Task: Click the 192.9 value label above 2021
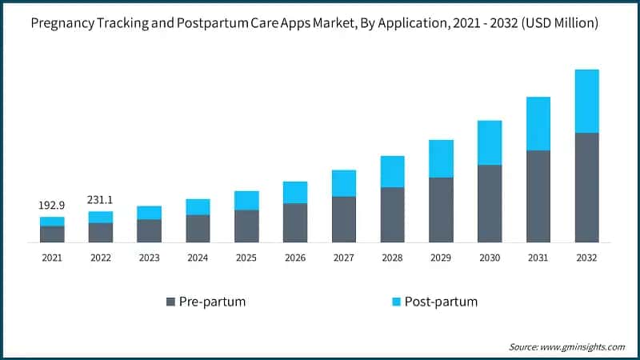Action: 52,206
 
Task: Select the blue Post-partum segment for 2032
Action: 586,101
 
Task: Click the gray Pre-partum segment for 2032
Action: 586,187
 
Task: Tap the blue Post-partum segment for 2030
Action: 490,142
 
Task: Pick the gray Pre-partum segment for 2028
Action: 392,214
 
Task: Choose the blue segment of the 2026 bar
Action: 295,192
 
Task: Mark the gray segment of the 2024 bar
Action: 198,228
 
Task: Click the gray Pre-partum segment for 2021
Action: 52,234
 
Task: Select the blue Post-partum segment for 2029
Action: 441,158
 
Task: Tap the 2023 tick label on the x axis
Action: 149,258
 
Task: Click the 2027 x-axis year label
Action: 343,258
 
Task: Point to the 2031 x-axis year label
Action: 538,258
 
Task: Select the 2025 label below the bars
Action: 246,258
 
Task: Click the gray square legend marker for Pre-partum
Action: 170,302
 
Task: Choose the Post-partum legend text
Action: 441,302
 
